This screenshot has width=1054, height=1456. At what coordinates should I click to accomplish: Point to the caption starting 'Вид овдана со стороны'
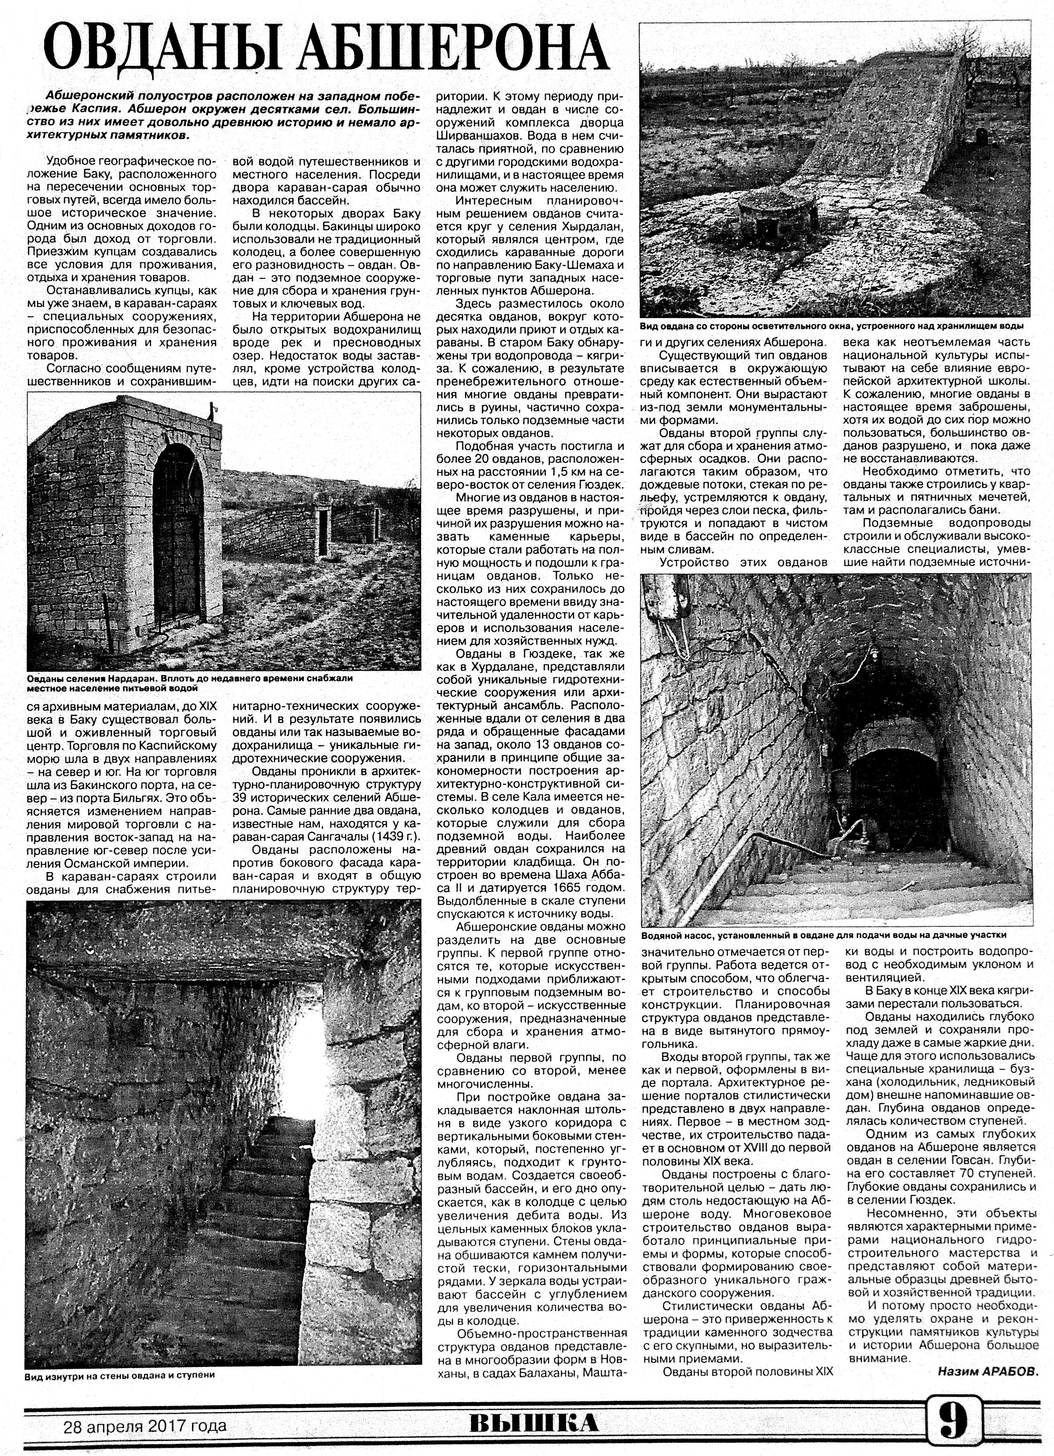832,326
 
